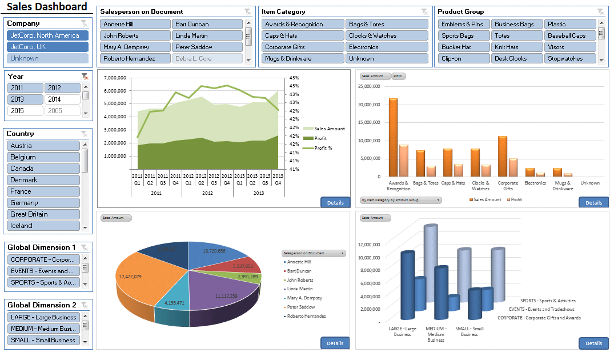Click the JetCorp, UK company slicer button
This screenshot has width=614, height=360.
[x=48, y=47]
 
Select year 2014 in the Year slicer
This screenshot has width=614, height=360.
[x=62, y=99]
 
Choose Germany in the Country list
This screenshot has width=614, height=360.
[x=43, y=203]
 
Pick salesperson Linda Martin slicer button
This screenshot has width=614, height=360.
[x=207, y=35]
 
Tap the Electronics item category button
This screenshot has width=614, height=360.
[x=386, y=47]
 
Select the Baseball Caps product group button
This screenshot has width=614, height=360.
[x=569, y=35]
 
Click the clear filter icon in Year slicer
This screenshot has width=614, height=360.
[x=85, y=76]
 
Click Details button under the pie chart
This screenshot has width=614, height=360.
[x=335, y=343]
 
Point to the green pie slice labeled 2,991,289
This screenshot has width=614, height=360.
[x=250, y=277]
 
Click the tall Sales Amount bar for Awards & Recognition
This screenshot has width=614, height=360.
[x=393, y=137]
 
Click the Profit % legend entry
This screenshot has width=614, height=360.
[x=323, y=148]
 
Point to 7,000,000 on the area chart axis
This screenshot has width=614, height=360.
[x=115, y=78]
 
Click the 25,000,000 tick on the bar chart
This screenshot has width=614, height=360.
[x=368, y=86]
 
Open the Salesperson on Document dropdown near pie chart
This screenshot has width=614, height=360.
[x=314, y=253]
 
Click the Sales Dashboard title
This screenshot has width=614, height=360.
[x=47, y=7]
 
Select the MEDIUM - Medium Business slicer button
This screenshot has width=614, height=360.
[x=43, y=329]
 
